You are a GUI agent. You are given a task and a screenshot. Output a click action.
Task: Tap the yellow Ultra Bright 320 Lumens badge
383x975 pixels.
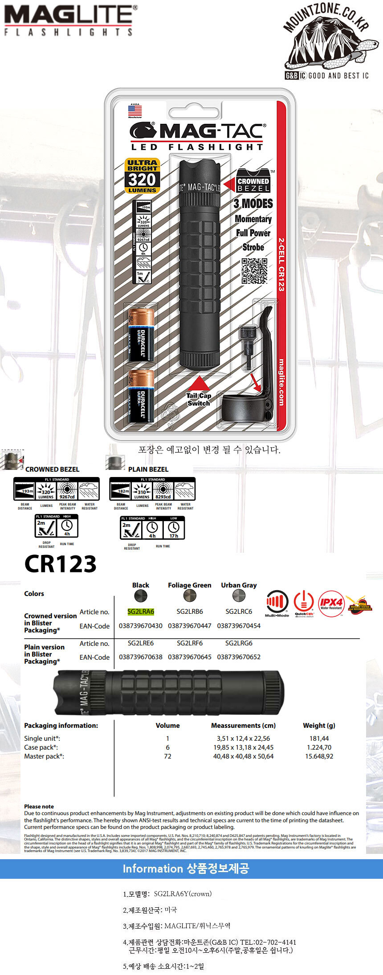(x=142, y=176)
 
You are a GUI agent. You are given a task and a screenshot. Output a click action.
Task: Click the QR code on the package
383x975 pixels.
(x=254, y=271)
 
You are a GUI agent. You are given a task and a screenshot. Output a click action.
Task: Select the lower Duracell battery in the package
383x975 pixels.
(x=141, y=396)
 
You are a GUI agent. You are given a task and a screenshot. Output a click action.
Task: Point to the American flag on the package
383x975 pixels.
(x=135, y=110)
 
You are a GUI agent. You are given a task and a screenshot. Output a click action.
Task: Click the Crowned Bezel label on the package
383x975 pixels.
(x=253, y=181)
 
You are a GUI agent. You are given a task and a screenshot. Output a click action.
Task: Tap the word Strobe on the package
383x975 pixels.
(x=253, y=247)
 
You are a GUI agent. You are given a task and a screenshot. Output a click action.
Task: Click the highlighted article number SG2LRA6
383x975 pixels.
(x=141, y=612)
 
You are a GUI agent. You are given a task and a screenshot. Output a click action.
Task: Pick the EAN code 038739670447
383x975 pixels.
(x=190, y=626)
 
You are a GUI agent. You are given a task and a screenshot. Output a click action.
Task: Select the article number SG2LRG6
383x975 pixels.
(x=239, y=643)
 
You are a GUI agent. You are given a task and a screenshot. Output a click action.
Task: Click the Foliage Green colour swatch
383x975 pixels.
(x=190, y=596)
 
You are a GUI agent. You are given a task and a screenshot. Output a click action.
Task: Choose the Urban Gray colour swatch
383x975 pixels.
(x=239, y=596)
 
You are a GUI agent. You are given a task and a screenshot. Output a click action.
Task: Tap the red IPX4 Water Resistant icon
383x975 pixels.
(x=331, y=604)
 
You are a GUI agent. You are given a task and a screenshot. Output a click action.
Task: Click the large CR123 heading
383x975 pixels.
(x=61, y=564)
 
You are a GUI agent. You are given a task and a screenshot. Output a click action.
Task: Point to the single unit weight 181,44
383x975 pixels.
(x=319, y=738)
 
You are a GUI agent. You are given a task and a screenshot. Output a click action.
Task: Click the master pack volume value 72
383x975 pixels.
(x=167, y=756)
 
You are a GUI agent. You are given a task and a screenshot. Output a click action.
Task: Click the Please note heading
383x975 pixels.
(x=39, y=807)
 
